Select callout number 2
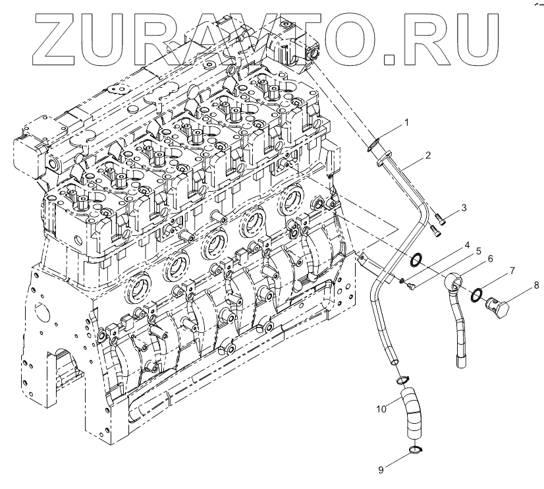point(428,156)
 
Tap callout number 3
point(464,208)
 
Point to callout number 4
point(466,245)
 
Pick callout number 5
point(479,251)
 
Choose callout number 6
point(491,259)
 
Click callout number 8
point(536,285)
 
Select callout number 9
point(381,470)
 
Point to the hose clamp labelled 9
point(414,451)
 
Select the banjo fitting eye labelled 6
point(454,283)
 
